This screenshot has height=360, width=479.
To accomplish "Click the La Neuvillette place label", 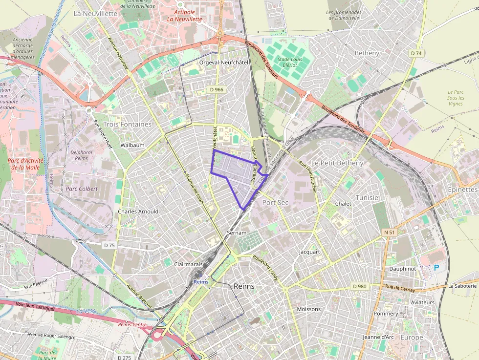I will (95, 14).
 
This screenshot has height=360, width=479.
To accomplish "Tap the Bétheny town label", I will (367, 53).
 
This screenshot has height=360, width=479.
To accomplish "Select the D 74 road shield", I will (416, 53).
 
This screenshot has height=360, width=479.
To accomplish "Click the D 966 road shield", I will (216, 89).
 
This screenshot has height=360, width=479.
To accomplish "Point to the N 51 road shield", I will (389, 232).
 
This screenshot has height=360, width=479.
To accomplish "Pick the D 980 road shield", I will (359, 286).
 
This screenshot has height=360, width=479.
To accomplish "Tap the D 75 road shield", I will (109, 245).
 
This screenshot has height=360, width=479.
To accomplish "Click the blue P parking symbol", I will (436, 268).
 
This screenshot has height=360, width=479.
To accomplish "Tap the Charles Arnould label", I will (138, 212).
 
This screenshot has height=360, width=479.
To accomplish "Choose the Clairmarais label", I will (188, 264).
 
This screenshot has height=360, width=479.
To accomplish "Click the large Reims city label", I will (244, 286).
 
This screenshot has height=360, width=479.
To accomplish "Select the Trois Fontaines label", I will (128, 124).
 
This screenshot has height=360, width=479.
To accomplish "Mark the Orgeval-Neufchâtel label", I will (224, 63).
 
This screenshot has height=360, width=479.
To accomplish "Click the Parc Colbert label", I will (82, 189).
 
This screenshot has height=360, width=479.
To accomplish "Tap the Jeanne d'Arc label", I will (378, 337).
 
